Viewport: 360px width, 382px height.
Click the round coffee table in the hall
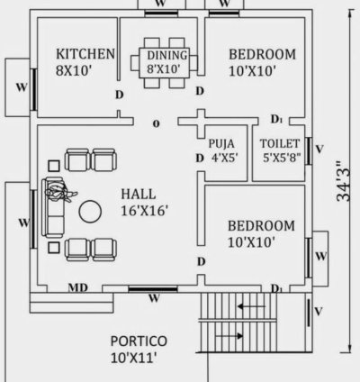point(91,212)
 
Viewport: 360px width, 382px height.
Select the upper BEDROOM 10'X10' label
point(260,62)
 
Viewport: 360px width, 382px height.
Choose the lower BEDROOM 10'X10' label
point(261,232)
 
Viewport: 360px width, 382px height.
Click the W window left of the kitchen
point(21,87)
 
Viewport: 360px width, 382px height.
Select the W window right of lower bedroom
point(320,255)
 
